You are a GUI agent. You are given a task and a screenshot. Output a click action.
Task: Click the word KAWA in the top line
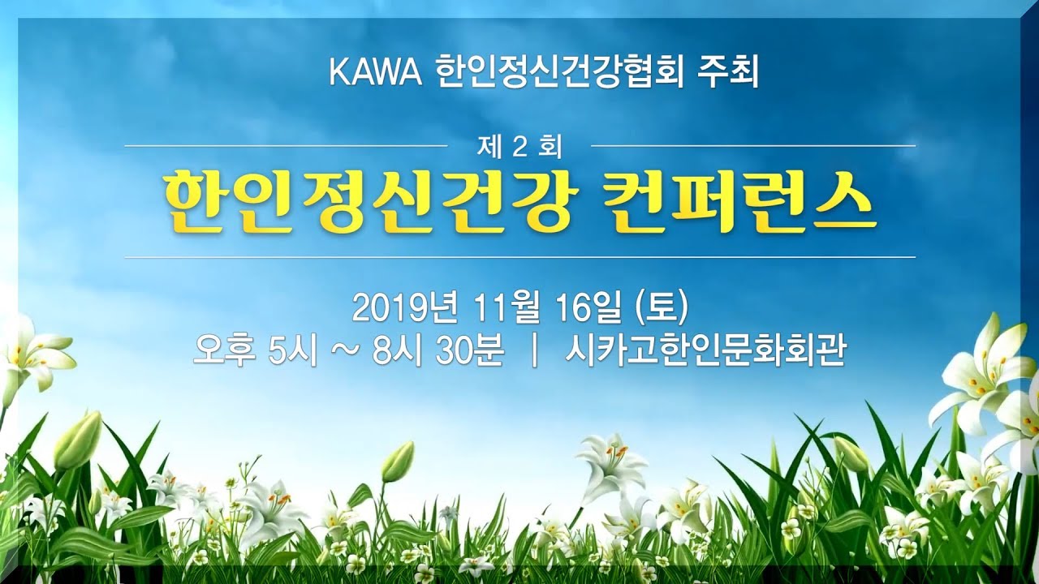[376, 73]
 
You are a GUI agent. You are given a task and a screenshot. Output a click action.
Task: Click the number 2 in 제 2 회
[519, 147]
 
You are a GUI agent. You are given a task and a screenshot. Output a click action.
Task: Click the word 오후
[221, 351]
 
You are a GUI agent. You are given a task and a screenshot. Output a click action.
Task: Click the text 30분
[470, 351]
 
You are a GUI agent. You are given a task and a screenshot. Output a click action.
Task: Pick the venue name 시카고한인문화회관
[705, 351]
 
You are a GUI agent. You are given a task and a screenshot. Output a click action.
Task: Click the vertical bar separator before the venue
[534, 352]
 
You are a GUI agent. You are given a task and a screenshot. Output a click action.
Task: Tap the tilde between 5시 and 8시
[345, 352]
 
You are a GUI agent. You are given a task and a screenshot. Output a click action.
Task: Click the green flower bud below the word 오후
[398, 461]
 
